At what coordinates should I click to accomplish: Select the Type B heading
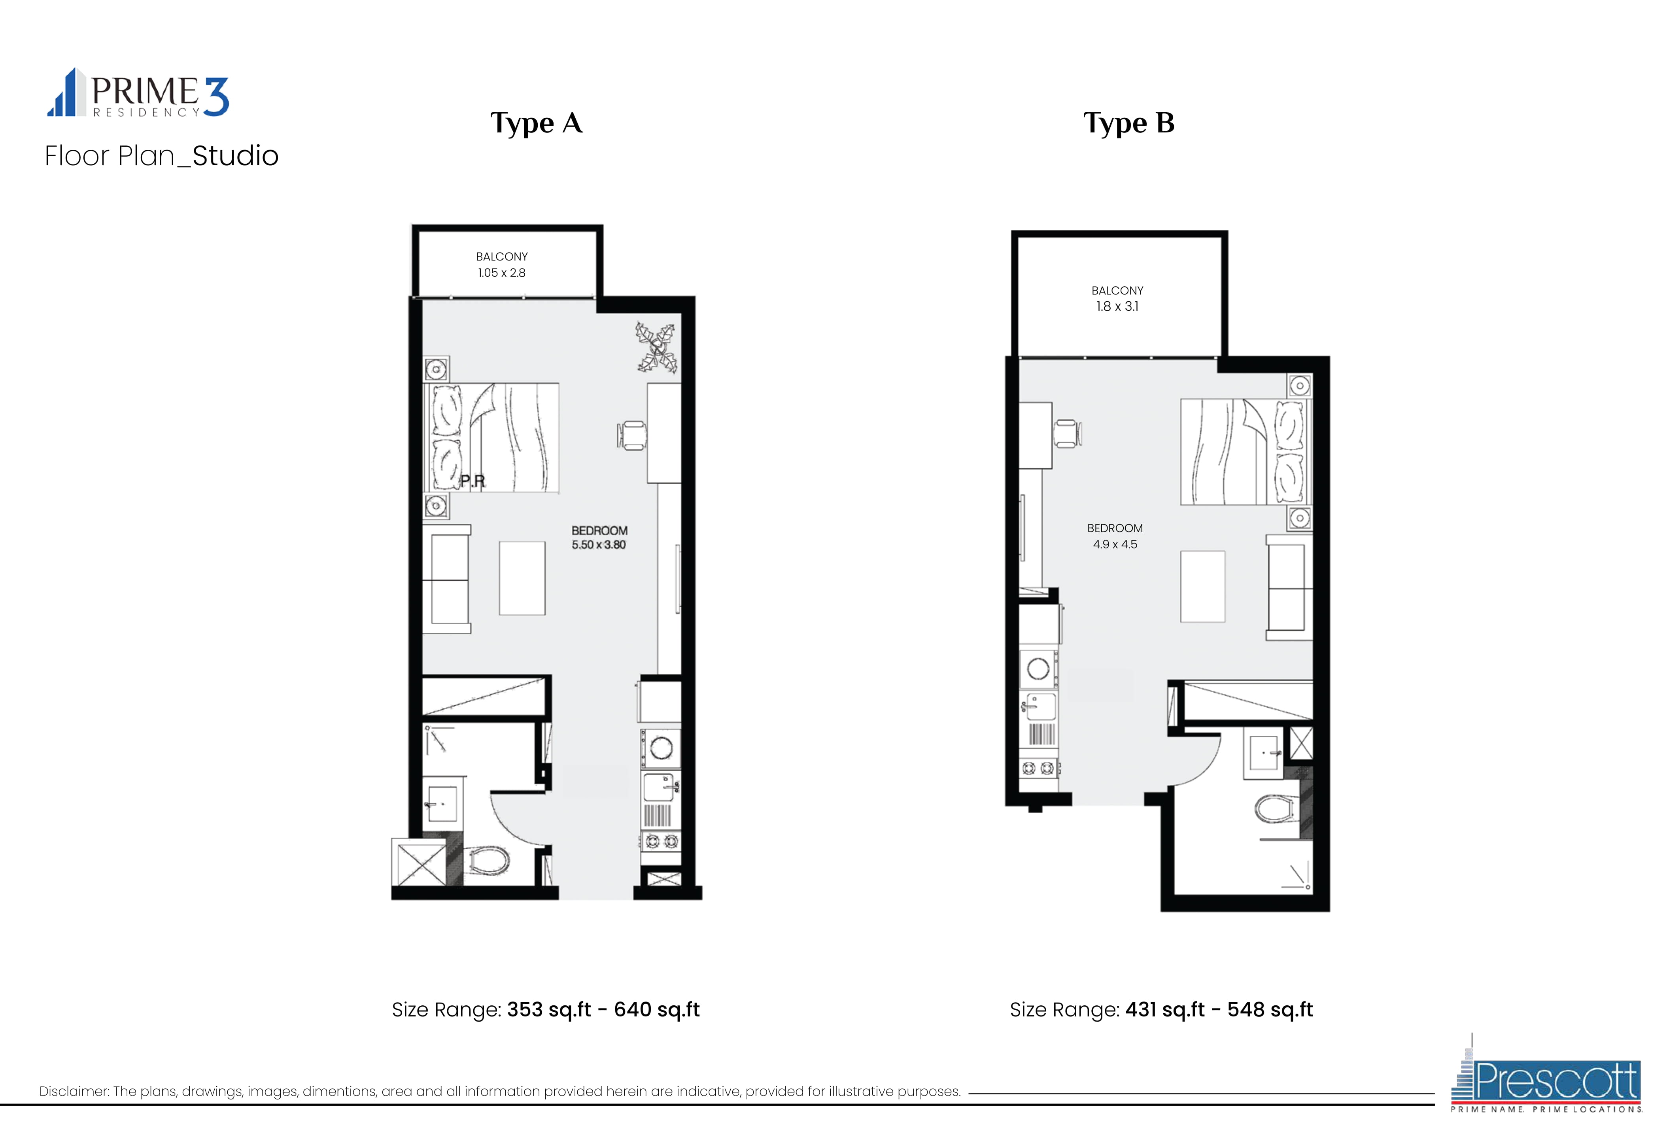pos(1128,123)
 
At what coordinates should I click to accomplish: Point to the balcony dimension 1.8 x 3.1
pos(1117,306)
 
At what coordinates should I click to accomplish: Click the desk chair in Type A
pos(631,435)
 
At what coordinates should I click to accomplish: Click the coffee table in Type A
pos(522,578)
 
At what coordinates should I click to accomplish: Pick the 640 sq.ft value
pos(656,1010)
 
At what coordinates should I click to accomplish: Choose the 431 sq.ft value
pos(1165,1010)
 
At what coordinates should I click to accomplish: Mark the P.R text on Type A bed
pos(473,481)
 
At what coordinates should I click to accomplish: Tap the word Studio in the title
pos(235,156)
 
